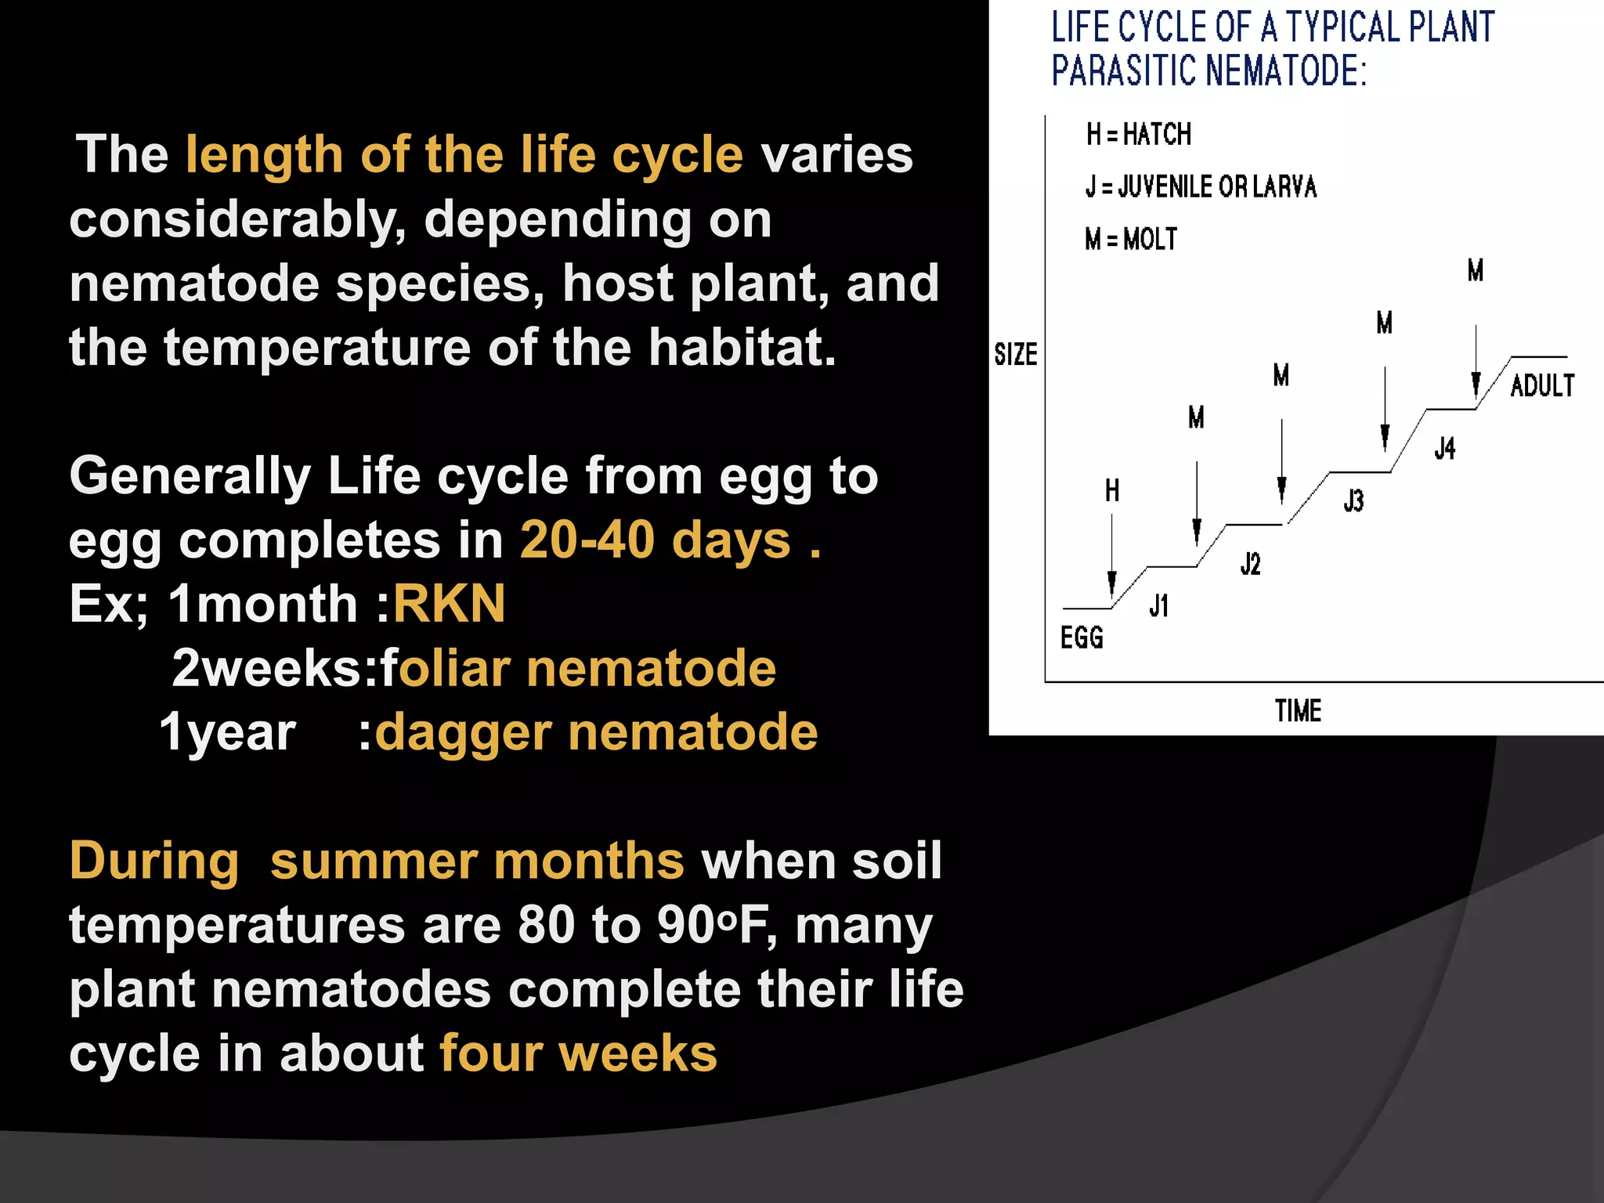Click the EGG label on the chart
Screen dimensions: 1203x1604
(x=1082, y=638)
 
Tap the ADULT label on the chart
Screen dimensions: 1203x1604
(x=1541, y=385)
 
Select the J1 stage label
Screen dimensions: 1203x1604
(x=1159, y=605)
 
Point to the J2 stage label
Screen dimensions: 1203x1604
(x=1250, y=563)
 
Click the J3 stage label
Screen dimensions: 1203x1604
(x=1353, y=500)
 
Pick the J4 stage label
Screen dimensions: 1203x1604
(x=1445, y=448)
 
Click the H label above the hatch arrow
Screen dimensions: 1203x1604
(x=1112, y=491)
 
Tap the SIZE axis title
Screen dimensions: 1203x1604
(x=1016, y=355)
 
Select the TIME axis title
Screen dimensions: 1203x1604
(x=1298, y=711)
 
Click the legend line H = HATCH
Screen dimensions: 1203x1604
(x=1138, y=135)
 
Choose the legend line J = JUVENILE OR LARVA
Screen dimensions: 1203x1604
(x=1201, y=187)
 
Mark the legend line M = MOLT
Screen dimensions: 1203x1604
(x=1131, y=239)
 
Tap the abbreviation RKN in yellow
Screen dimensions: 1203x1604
(x=449, y=604)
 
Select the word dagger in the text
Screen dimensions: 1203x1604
(x=463, y=732)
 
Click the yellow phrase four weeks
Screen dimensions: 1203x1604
(x=578, y=1053)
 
